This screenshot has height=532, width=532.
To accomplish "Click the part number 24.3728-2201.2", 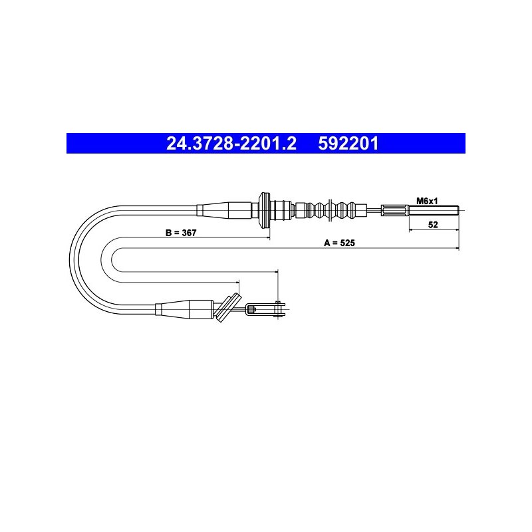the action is pyautogui.click(x=231, y=144).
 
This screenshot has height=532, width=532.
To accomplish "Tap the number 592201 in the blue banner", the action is pyautogui.click(x=348, y=144).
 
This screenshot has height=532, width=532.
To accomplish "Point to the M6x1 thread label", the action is pyautogui.click(x=427, y=201).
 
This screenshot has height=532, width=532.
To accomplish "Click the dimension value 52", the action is pyautogui.click(x=433, y=225).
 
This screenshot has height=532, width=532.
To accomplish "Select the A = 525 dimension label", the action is pyautogui.click(x=339, y=243).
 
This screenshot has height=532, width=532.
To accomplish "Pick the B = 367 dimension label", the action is pyautogui.click(x=181, y=233).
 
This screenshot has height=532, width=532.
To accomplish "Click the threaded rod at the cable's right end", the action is pyautogui.click(x=434, y=210).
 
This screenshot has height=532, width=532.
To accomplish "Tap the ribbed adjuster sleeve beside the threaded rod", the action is pyautogui.click(x=395, y=210).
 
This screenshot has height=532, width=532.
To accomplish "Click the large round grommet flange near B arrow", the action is pyautogui.click(x=263, y=210).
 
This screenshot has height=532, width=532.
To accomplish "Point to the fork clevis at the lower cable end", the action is pyautogui.click(x=265, y=309).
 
